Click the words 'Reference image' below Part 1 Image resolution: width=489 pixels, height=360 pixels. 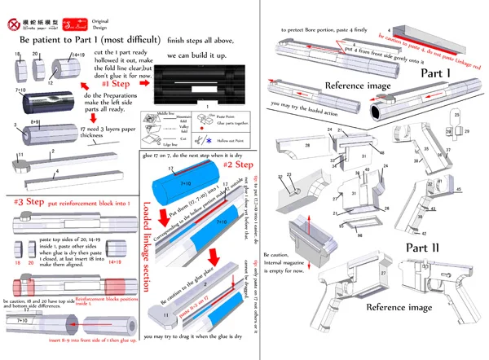pos(356,86)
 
